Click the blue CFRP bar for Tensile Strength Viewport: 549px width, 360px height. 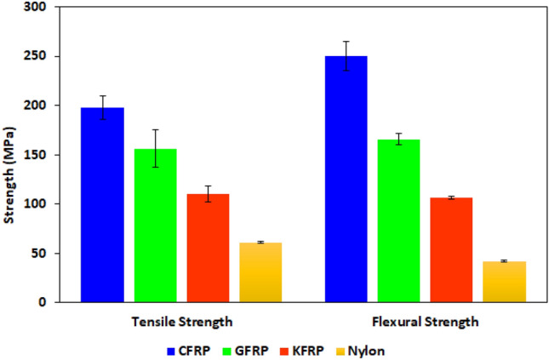pyautogui.click(x=103, y=205)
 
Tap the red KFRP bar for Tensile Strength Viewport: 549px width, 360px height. pyautogui.click(x=209, y=248)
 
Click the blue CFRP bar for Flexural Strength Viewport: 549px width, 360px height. pyautogui.click(x=346, y=180)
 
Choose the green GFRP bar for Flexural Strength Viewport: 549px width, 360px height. pyautogui.click(x=398, y=221)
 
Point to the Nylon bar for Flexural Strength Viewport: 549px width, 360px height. pyautogui.click(x=504, y=282)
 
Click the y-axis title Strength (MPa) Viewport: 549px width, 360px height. pyautogui.click(x=9, y=155)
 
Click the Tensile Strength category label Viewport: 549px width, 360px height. pyautogui.click(x=182, y=323)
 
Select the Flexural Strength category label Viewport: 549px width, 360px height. pyautogui.click(x=425, y=323)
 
